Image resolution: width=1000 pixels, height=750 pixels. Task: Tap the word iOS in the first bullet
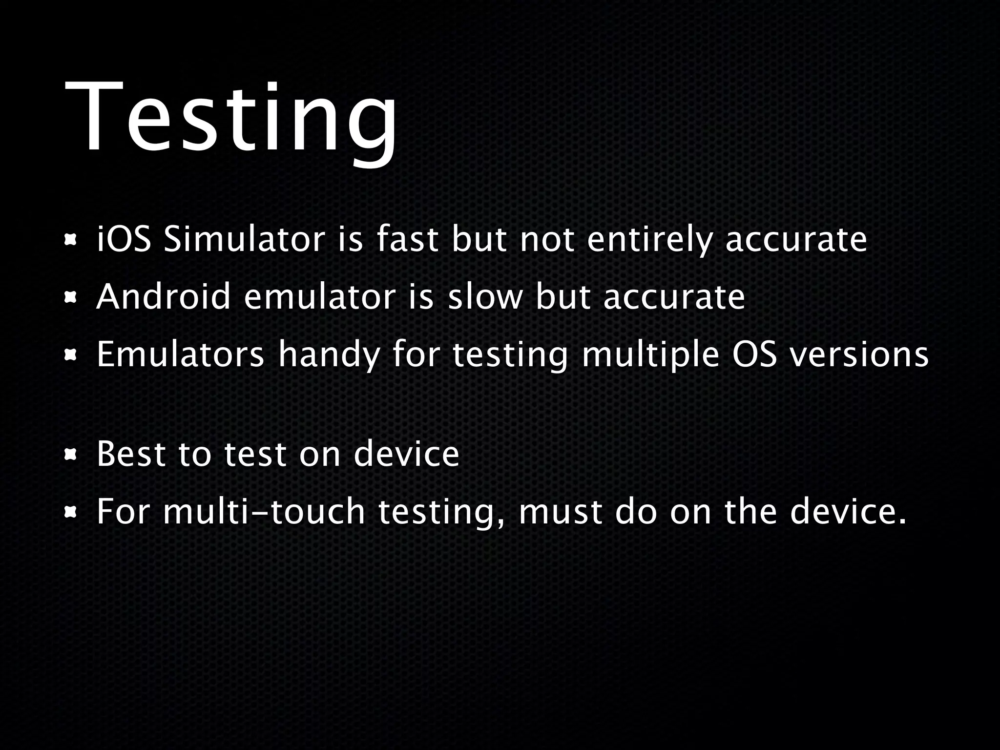pyautogui.click(x=124, y=240)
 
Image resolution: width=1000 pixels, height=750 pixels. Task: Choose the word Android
pyautogui.click(x=163, y=296)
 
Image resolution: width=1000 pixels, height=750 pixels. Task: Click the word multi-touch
pyautogui.click(x=264, y=512)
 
